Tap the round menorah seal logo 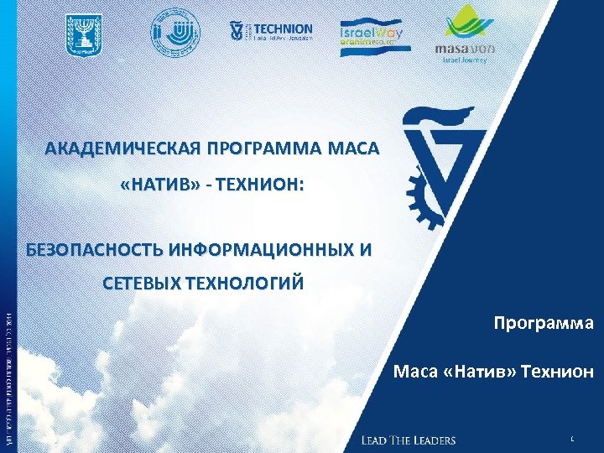pyautogui.click(x=168, y=34)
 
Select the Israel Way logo pyautogui.click(x=372, y=36)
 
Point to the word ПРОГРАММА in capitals pyautogui.click(x=265, y=149)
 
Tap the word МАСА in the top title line pyautogui.click(x=352, y=149)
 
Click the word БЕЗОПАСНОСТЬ pyautogui.click(x=93, y=249)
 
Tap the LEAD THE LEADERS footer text pyautogui.click(x=409, y=440)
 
